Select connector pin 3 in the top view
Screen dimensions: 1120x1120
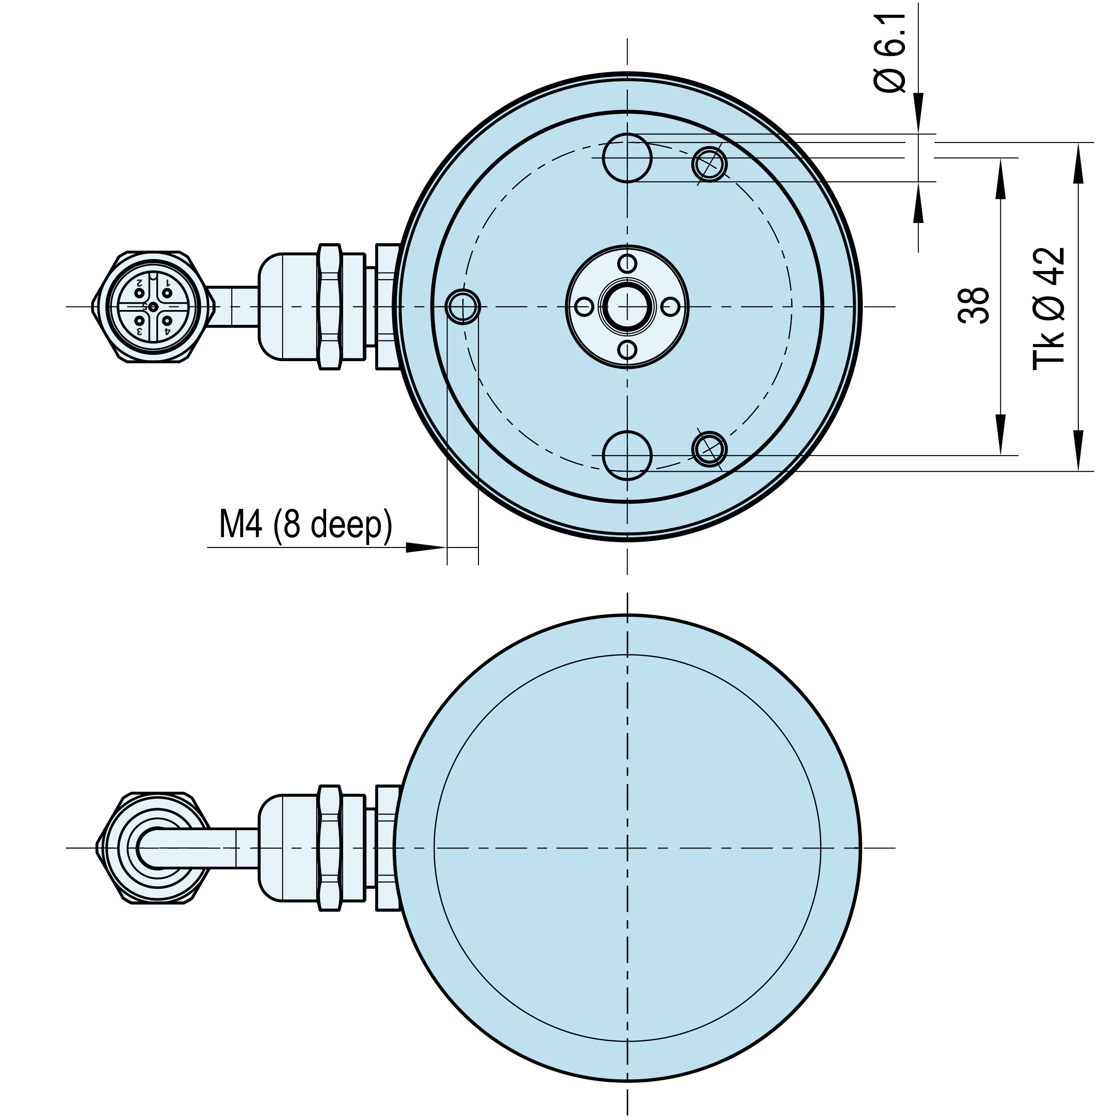click(139, 320)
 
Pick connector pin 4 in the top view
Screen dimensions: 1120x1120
click(166, 320)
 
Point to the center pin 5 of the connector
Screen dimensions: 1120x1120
click(152, 306)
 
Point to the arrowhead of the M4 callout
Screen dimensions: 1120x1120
click(426, 547)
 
